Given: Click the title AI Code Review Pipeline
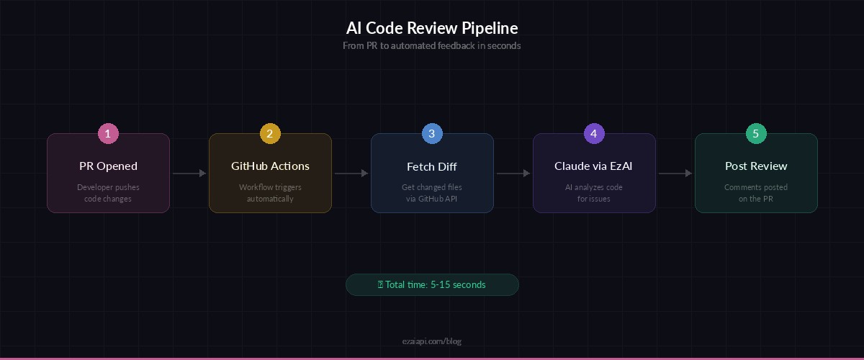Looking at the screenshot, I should pyautogui.click(x=431, y=28).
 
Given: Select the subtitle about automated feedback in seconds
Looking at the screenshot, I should pyautogui.click(x=431, y=45).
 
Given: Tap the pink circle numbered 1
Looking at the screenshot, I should pyautogui.click(x=108, y=133).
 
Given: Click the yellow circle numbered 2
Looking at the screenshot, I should pyautogui.click(x=270, y=133).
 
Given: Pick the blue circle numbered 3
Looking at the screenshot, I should pyautogui.click(x=432, y=133).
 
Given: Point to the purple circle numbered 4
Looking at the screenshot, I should pyautogui.click(x=594, y=133).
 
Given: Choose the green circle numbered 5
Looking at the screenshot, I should pyautogui.click(x=756, y=133).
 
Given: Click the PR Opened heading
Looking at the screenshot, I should pyautogui.click(x=108, y=166).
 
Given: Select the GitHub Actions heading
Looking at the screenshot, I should pyautogui.click(x=270, y=166).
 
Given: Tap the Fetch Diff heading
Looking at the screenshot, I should pyautogui.click(x=432, y=166).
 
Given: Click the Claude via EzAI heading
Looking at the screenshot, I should pyautogui.click(x=594, y=166).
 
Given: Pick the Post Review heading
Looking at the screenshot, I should pyautogui.click(x=756, y=166).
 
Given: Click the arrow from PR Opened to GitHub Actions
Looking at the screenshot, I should pyautogui.click(x=189, y=173).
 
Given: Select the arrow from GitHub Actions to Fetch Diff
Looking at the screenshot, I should pyautogui.click(x=351, y=173).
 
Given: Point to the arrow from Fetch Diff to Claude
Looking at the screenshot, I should pyautogui.click(x=513, y=173).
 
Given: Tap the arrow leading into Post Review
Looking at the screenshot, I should pyautogui.click(x=675, y=173).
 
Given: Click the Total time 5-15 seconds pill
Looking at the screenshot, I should pyautogui.click(x=432, y=284).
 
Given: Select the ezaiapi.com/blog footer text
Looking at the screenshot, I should pyautogui.click(x=431, y=341).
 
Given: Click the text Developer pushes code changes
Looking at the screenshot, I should pyautogui.click(x=108, y=193).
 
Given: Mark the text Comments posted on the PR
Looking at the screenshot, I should pyautogui.click(x=756, y=193).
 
